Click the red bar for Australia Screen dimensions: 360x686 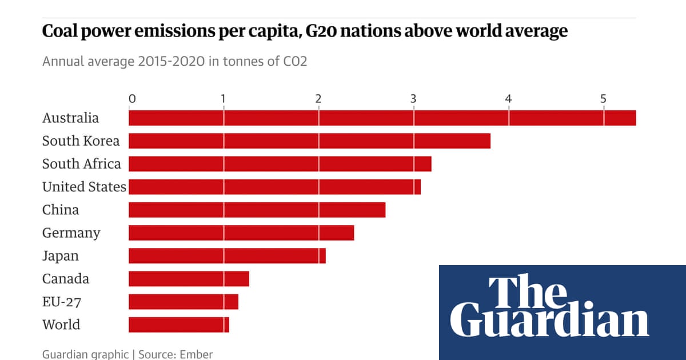point(382,118)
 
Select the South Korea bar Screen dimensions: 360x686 point(309,141)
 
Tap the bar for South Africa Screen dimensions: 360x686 point(280,164)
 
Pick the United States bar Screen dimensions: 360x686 point(274,187)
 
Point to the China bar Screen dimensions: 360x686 point(257,210)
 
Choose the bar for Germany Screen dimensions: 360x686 point(241,233)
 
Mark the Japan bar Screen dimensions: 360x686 point(227,256)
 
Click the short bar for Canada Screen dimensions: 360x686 point(189,279)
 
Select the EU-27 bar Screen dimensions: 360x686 point(184,302)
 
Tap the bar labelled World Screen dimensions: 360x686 point(179,325)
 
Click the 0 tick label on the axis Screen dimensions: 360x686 point(132,99)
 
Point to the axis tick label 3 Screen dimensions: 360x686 point(413,99)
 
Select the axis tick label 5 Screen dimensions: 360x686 point(603,99)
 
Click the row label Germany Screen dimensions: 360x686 point(71,233)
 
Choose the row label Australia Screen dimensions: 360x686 point(70,118)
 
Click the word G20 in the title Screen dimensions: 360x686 point(338,31)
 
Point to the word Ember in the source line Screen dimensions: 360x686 point(197,354)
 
